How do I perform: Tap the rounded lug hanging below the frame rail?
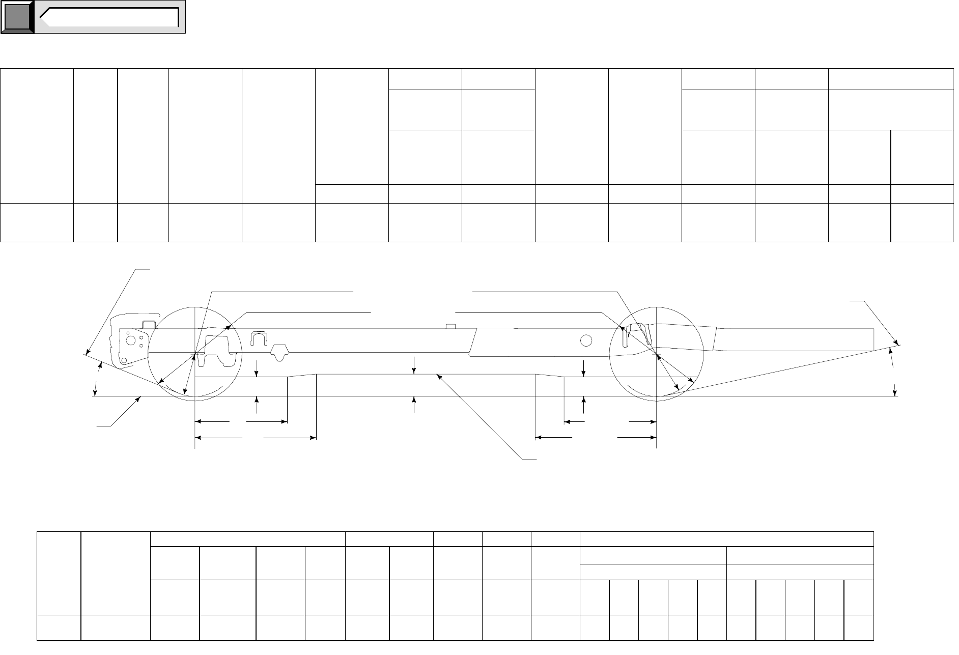[x=279, y=351]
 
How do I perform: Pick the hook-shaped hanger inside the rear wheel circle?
[x=639, y=334]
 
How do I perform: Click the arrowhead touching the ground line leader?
[x=139, y=399]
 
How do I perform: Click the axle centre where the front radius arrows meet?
[x=195, y=352]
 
